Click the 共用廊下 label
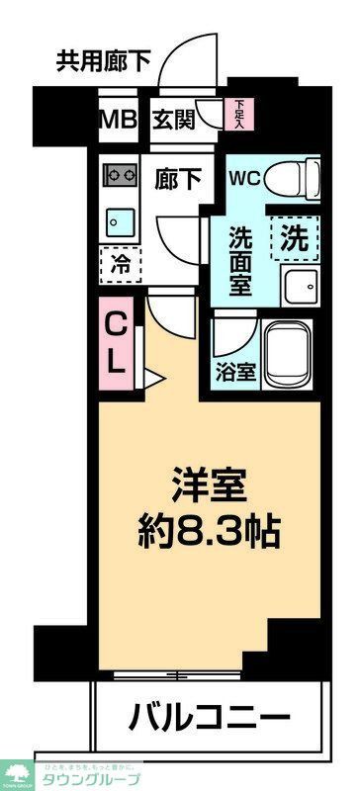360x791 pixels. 103,62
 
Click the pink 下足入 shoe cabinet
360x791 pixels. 238,114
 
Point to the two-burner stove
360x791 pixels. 122,175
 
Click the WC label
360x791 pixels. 244,179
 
